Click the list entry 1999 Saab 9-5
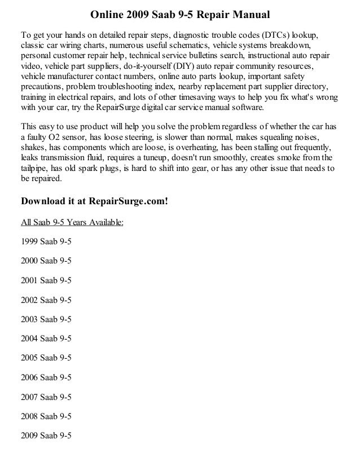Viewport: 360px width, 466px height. pyautogui.click(x=46, y=242)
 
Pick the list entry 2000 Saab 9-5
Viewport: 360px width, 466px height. pyautogui.click(x=46, y=261)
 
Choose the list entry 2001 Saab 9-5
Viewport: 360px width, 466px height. pyautogui.click(x=46, y=280)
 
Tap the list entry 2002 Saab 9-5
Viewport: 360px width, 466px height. pyautogui.click(x=46, y=300)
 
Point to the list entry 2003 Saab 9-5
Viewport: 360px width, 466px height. pyautogui.click(x=46, y=319)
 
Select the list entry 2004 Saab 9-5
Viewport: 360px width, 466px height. pyautogui.click(x=46, y=339)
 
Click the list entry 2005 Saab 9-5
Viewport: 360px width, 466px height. pyautogui.click(x=46, y=358)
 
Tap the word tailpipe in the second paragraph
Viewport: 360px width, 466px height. pyautogui.click(x=35, y=168)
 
